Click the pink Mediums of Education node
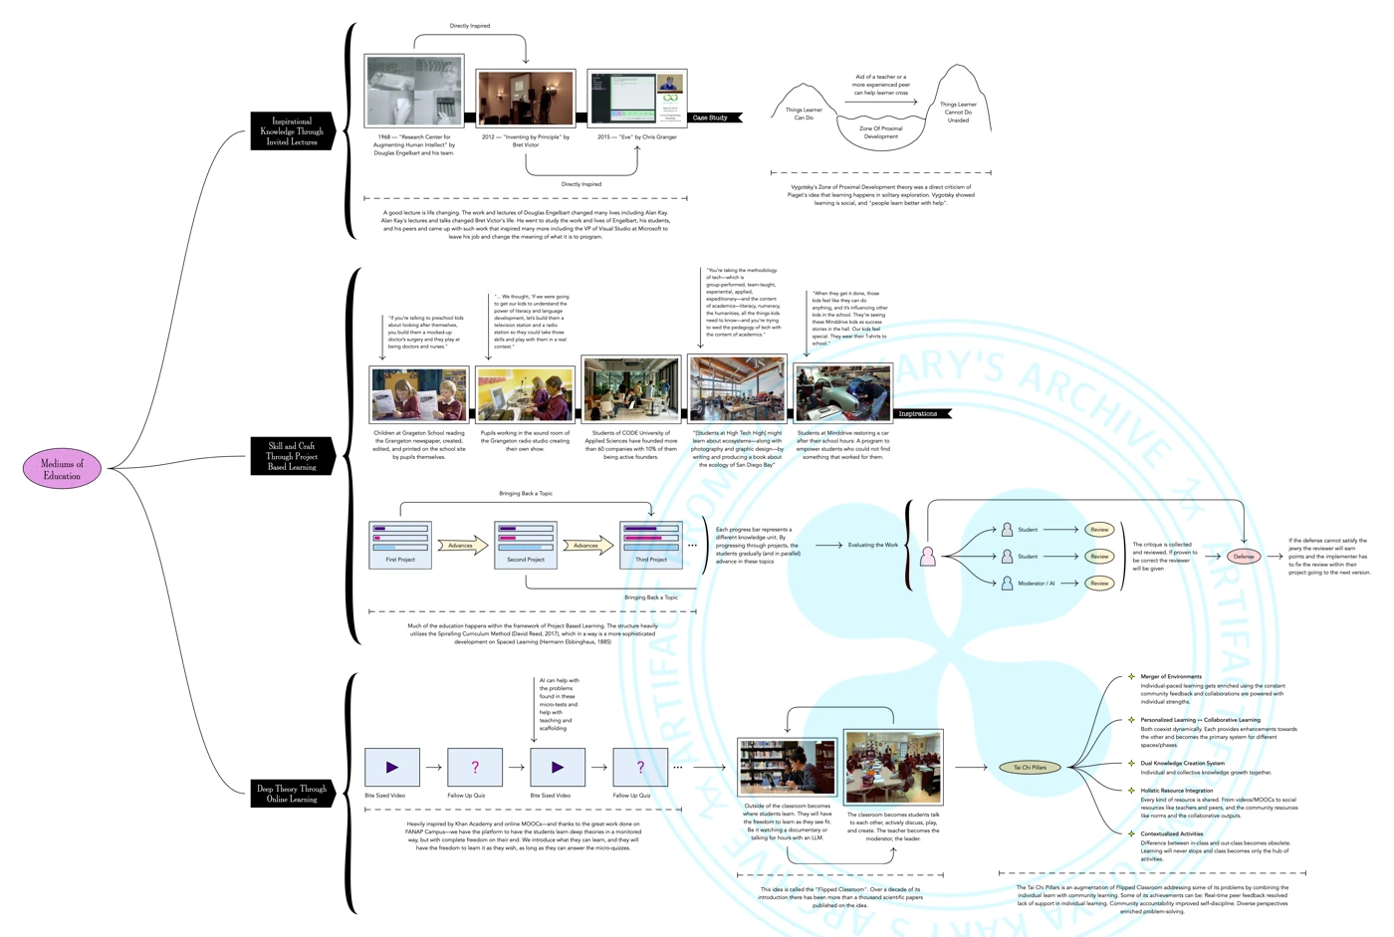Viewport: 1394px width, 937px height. tap(62, 468)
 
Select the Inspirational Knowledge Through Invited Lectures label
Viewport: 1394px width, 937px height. tap(292, 131)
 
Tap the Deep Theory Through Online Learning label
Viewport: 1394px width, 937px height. tap(292, 793)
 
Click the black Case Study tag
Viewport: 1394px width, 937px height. tap(713, 117)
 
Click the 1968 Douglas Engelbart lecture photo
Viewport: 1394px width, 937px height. tap(414, 91)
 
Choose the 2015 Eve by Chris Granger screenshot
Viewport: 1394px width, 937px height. tap(637, 98)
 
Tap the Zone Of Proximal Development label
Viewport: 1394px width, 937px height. tap(880, 132)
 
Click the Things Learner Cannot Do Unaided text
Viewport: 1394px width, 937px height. tap(958, 112)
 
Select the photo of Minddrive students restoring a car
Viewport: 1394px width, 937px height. tap(842, 393)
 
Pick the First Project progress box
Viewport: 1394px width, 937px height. tap(400, 545)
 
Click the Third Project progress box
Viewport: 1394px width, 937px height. tap(651, 545)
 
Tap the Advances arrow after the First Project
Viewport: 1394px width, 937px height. tap(462, 545)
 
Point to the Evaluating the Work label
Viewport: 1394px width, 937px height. tap(872, 545)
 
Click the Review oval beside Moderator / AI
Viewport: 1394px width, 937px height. tap(1098, 583)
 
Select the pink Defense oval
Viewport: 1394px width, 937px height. tap(1243, 556)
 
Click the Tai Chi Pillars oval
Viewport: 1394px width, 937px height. tap(1030, 767)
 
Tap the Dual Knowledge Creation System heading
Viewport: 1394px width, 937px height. tap(1182, 763)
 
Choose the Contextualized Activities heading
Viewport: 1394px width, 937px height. tap(1171, 833)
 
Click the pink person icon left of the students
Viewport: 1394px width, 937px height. tap(928, 556)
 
